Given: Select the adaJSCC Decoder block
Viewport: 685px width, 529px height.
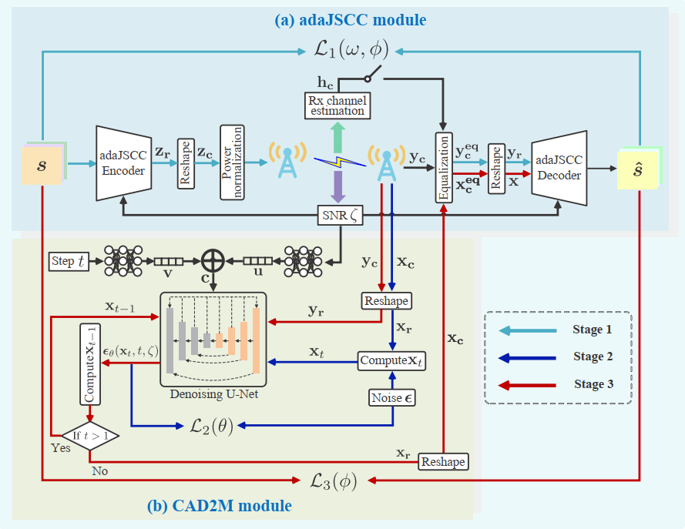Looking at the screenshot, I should click(x=559, y=166).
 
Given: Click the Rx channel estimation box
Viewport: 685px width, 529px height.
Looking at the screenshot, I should click(x=337, y=105).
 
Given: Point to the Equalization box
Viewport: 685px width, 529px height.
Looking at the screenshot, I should click(x=444, y=167).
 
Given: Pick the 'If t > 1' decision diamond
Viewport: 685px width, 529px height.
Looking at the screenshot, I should click(x=89, y=435).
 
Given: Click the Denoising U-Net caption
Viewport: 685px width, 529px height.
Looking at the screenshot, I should click(x=213, y=395).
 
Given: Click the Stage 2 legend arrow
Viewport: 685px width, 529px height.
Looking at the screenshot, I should click(x=528, y=357).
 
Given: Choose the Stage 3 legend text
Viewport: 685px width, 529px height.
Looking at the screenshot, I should click(x=593, y=383).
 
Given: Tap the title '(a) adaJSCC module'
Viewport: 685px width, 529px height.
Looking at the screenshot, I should click(x=351, y=19).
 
